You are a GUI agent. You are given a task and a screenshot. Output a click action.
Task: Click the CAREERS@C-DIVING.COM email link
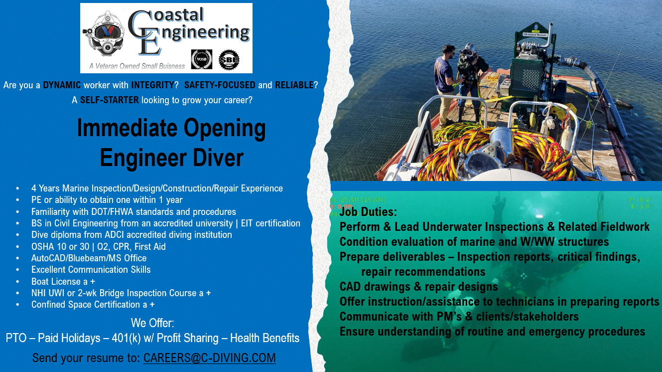[209, 358]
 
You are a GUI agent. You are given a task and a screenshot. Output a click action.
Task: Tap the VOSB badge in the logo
[202, 59]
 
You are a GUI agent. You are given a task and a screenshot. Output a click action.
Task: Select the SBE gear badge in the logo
[229, 59]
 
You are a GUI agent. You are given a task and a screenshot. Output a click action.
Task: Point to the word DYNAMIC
[62, 85]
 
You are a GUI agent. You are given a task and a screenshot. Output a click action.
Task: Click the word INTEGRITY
[154, 85]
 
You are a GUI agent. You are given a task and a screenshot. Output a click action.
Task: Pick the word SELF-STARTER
[109, 100]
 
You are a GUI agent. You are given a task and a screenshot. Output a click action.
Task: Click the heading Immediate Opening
[171, 128]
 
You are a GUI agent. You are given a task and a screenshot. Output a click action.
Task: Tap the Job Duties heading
[368, 212]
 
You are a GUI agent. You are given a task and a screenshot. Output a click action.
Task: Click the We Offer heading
[152, 322]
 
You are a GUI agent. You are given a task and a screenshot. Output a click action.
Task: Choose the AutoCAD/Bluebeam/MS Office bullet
[89, 258]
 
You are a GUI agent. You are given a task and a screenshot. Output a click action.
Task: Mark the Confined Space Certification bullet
[93, 304]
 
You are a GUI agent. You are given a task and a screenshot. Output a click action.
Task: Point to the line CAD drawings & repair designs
[418, 287]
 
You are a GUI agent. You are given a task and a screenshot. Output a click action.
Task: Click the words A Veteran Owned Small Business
[136, 66]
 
